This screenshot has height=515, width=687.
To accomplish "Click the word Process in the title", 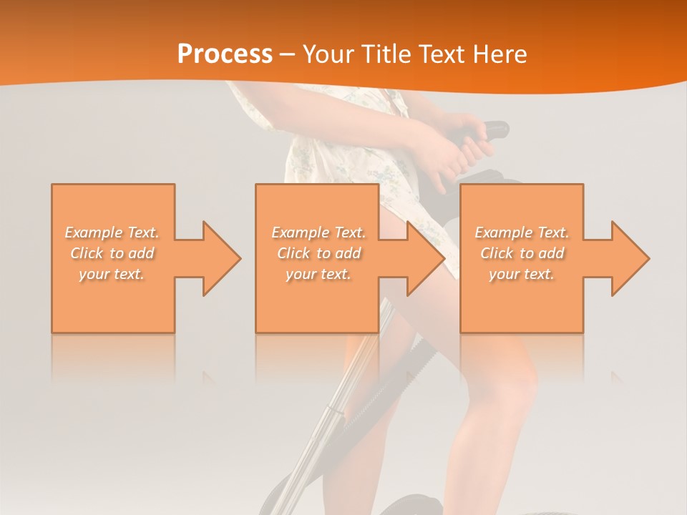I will click(225, 54).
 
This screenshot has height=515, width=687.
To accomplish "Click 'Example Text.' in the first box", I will click(112, 232).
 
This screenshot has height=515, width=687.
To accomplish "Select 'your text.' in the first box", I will click(112, 274).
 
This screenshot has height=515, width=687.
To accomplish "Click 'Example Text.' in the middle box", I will click(318, 232).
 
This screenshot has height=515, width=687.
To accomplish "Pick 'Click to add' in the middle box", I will click(318, 253).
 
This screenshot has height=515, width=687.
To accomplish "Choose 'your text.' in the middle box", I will click(318, 274).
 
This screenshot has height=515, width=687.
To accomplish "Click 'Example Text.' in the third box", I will click(522, 232).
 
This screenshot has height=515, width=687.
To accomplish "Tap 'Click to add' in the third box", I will click(522, 253).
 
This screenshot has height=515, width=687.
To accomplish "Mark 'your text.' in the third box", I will click(522, 274).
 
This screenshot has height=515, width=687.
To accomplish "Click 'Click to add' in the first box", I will click(112, 253).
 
